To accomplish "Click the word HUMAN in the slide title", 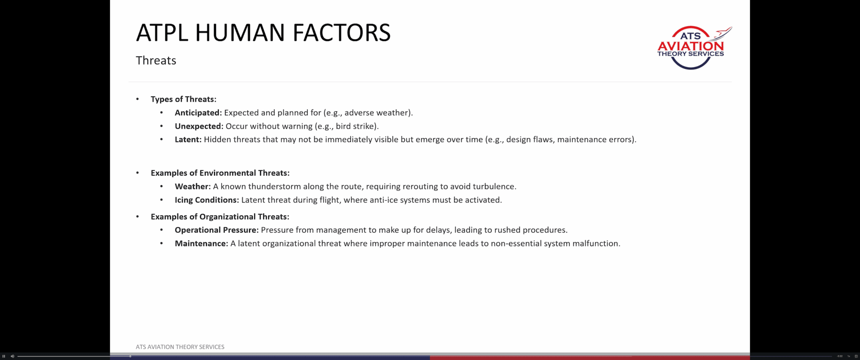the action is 240,33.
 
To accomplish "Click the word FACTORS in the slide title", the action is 342,33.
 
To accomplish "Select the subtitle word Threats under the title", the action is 156,60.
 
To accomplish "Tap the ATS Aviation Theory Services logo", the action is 694,48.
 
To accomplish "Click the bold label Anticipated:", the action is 198,113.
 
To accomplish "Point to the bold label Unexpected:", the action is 199,126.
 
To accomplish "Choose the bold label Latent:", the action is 188,139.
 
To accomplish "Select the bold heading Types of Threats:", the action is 183,99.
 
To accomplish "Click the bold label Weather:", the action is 193,186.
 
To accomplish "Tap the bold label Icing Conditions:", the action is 207,200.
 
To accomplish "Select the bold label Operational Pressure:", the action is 217,230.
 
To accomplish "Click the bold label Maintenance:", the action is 202,243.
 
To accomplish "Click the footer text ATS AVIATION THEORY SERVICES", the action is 180,347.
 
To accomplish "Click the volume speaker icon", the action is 12,356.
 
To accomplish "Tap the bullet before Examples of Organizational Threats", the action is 137,217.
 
